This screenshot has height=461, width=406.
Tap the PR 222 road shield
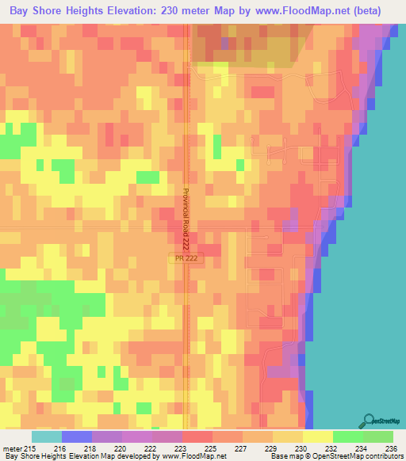pyautogui.click(x=183, y=259)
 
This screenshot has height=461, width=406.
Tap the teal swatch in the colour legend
pyautogui.click(x=46, y=437)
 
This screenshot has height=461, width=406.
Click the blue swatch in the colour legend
pyautogui.click(x=76, y=437)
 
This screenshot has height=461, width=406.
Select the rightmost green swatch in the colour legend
pyautogui.click(x=377, y=437)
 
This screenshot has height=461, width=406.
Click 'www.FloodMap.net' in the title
pyautogui.click(x=304, y=11)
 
